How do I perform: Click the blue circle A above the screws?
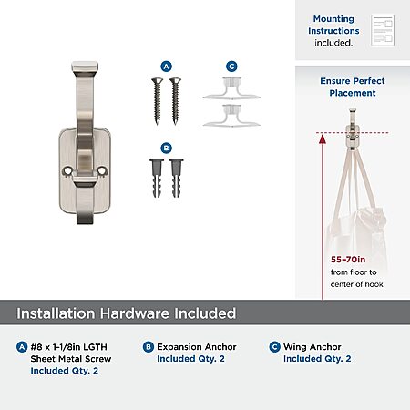coord(166,67)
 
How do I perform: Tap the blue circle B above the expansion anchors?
coord(166,149)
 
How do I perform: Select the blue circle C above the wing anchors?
coord(231,67)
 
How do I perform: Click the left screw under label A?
coord(157,101)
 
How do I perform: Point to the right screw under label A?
coord(175,101)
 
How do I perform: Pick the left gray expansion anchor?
coord(157,179)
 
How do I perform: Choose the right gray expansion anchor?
coord(177,179)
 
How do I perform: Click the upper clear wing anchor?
coord(231,88)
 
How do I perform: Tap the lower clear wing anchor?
coord(231,116)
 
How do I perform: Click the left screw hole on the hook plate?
coord(67,171)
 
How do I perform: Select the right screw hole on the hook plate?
coord(102,170)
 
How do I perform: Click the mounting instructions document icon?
coord(383,30)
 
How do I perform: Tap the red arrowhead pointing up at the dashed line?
coord(323,139)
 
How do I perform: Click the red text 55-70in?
coord(348,260)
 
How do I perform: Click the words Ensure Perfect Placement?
coord(353,87)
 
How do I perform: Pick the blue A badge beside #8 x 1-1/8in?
coord(22,347)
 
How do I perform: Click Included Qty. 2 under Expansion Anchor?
coord(190,359)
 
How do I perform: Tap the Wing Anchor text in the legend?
coord(313,347)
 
